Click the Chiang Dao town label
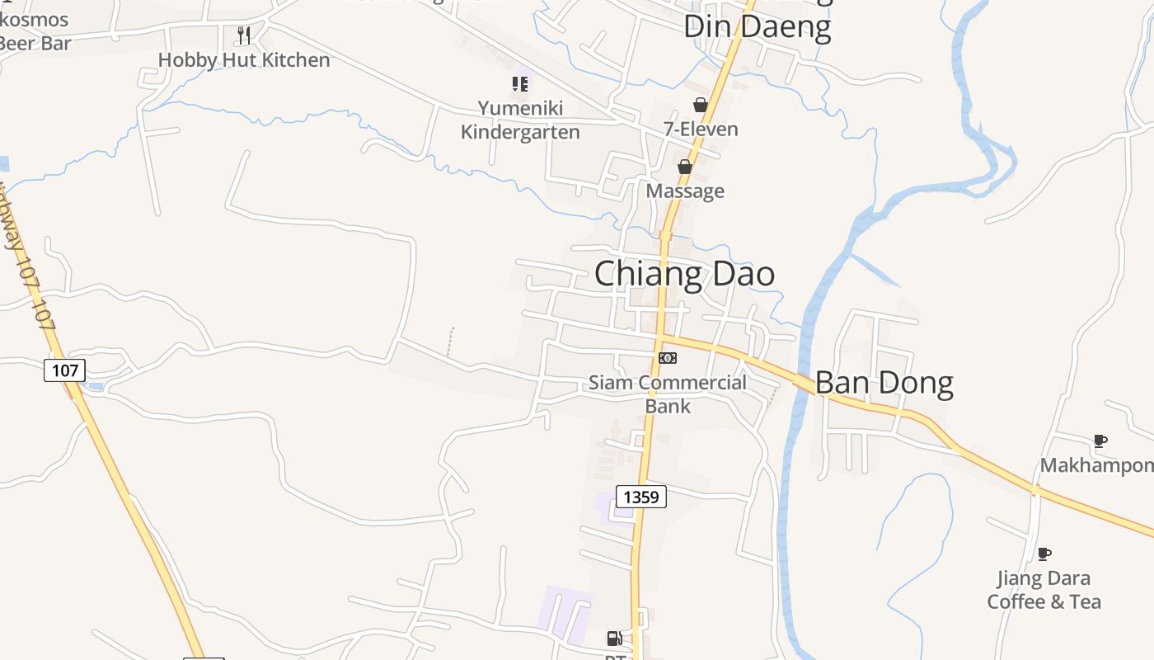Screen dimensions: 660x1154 click(684, 274)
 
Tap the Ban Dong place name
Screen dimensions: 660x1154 click(884, 384)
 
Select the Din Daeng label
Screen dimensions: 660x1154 click(757, 26)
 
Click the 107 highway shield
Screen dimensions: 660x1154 click(64, 370)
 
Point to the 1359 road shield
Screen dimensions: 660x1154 click(641, 497)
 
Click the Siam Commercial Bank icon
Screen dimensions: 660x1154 click(668, 357)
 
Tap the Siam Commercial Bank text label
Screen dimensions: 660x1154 click(668, 394)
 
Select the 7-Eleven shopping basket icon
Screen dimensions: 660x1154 click(701, 105)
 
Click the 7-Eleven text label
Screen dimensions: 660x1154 click(701, 130)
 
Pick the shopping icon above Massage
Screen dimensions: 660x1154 click(684, 167)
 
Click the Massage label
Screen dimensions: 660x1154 click(685, 191)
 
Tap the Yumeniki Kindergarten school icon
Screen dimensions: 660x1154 click(519, 83)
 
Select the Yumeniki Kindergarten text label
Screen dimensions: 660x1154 click(520, 120)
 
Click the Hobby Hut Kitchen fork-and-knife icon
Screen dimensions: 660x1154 click(243, 35)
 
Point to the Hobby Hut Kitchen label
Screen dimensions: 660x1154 click(244, 60)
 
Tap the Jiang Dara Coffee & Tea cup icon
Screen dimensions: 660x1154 click(1044, 554)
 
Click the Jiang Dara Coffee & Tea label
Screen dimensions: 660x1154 click(1044, 590)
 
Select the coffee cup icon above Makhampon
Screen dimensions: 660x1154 click(1100, 441)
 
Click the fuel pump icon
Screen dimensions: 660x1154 click(614, 638)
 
